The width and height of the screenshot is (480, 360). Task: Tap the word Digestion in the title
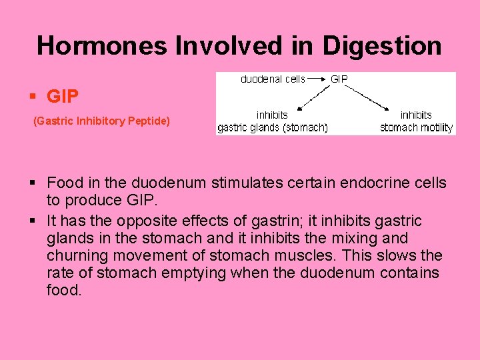click(382, 46)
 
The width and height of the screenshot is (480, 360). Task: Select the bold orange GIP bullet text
click(63, 97)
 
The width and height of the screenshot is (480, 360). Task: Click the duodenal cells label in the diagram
click(272, 79)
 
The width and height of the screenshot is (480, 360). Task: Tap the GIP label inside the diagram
click(339, 79)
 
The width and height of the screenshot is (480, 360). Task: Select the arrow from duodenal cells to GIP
click(317, 79)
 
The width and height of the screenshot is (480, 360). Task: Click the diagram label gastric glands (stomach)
click(272, 127)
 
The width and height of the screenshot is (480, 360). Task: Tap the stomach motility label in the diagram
click(416, 127)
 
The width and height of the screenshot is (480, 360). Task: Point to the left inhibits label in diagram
click(272, 115)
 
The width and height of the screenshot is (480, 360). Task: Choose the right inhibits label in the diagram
click(416, 115)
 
